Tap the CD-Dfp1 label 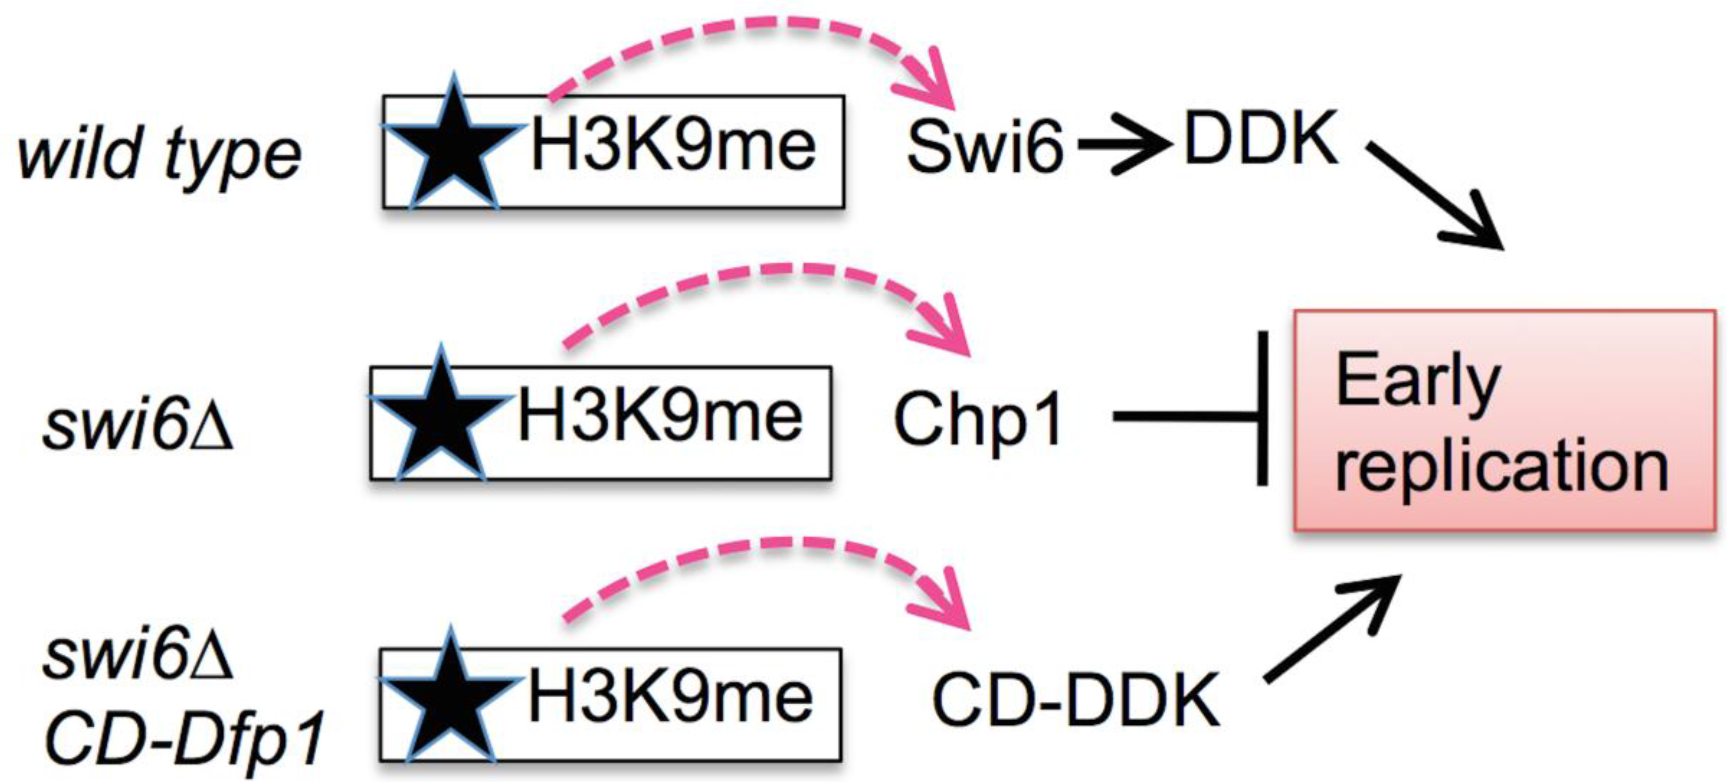tap(184, 738)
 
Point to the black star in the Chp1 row tap(440, 417)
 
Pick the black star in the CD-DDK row tap(450, 699)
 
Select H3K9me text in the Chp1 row tap(660, 417)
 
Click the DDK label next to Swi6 tap(1260, 139)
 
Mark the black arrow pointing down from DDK tap(1435, 194)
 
